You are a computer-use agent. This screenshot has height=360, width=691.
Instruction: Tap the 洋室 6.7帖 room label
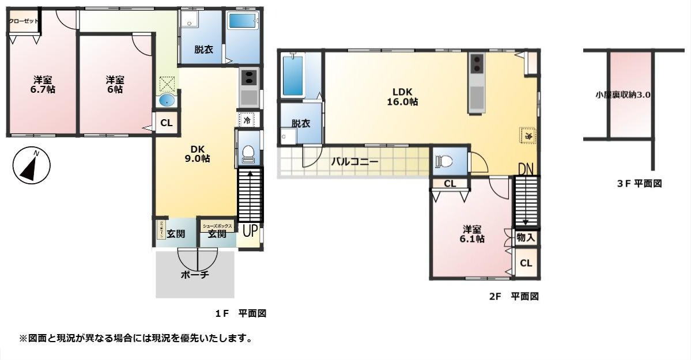tap(43, 85)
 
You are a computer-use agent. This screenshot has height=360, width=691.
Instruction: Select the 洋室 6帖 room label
tap(114, 85)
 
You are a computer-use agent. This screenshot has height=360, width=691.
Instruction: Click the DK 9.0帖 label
tap(197, 153)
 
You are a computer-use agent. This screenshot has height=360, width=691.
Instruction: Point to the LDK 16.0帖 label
tap(405, 96)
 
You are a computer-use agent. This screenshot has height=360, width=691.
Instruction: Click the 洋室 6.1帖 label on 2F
tap(471, 233)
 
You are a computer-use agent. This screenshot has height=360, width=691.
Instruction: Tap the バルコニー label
tap(354, 162)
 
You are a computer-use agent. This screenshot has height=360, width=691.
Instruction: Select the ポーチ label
tap(195, 275)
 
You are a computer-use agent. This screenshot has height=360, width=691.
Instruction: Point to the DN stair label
tap(525, 169)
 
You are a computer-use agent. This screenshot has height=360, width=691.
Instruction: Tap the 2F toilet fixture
tap(445, 162)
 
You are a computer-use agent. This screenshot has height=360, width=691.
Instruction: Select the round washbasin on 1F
tap(167, 101)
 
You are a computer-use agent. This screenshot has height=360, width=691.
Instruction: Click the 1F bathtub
tap(243, 21)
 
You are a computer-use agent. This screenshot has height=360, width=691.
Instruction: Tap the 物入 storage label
tap(526, 237)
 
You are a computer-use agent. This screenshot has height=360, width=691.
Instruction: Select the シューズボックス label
tap(217, 226)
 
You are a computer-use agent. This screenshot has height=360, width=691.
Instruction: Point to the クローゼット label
tap(24, 21)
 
